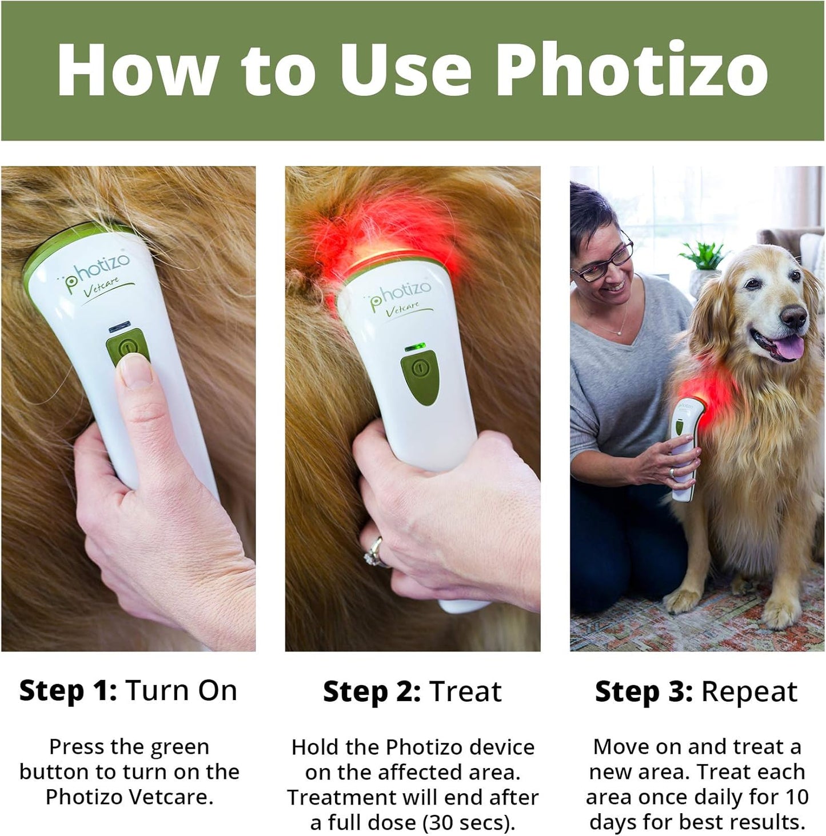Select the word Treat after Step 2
[x=466, y=691]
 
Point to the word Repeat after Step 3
[x=749, y=691]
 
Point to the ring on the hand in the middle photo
[x=374, y=551]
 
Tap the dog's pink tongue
[x=788, y=347]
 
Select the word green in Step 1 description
[x=178, y=747]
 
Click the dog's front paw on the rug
[x=684, y=600]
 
